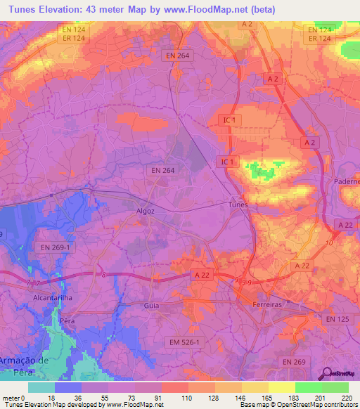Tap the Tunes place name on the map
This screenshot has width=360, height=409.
[x=239, y=204]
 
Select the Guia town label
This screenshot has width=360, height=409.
[x=151, y=306]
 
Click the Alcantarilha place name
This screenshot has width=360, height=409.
[x=34, y=297]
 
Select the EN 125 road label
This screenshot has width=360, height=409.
[x=338, y=319]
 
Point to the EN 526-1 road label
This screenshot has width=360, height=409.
[x=185, y=342]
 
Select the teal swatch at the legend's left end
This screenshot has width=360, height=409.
[x=41, y=387]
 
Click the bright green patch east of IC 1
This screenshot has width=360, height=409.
[x=262, y=171]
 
